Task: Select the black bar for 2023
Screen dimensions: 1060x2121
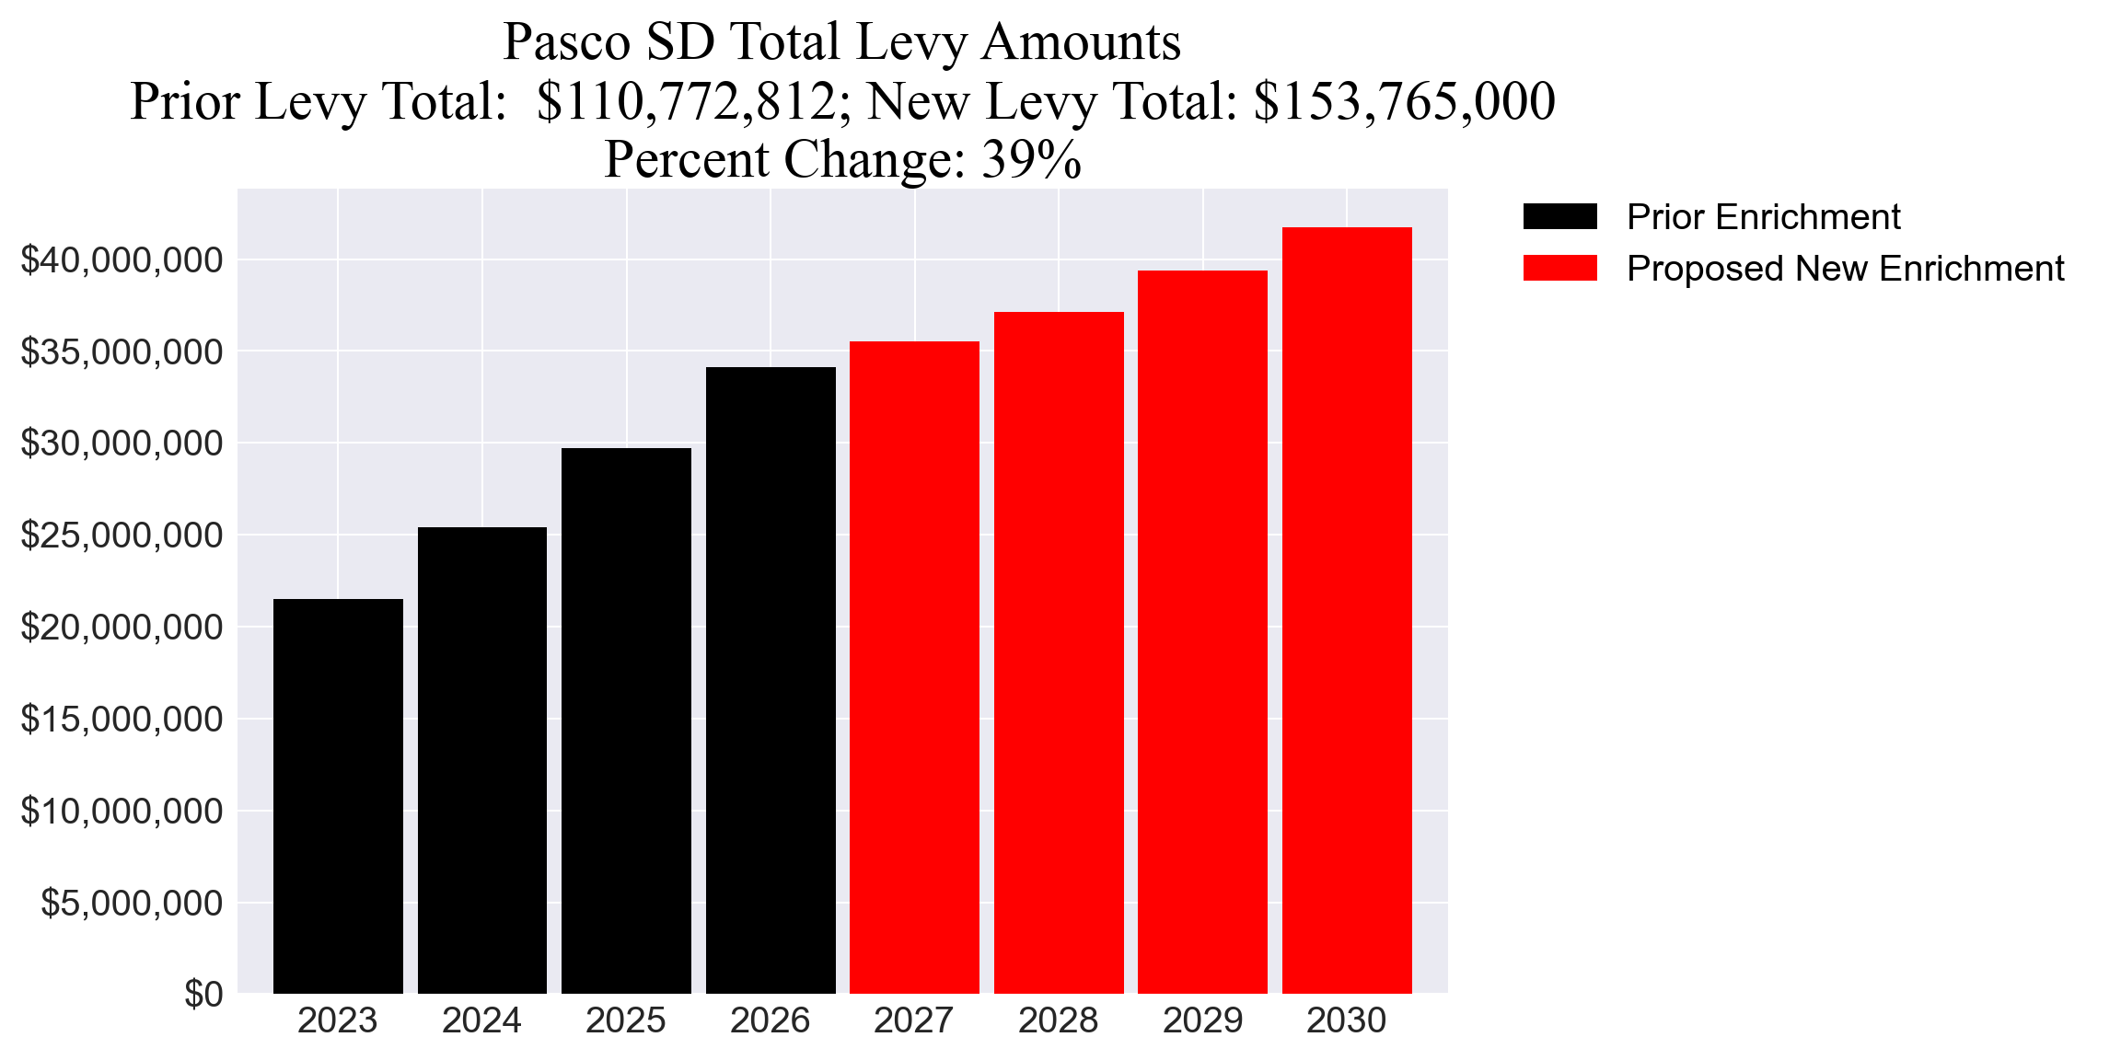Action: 338,796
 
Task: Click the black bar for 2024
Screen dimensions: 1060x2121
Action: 482,760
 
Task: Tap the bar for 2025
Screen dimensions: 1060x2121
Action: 626,720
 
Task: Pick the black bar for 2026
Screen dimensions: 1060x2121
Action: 771,680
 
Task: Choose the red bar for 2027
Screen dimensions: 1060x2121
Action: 914,667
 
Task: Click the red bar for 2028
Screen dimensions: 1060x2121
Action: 1059,652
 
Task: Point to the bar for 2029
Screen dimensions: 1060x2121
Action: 1202,631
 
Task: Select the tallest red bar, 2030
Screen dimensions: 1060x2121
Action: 1347,610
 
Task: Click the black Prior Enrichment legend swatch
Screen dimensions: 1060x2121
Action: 1559,217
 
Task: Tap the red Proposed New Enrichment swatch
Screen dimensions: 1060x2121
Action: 1559,269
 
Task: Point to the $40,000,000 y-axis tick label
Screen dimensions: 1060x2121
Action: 122,260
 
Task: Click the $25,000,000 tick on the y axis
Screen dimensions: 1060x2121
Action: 122,536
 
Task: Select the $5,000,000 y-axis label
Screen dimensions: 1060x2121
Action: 132,903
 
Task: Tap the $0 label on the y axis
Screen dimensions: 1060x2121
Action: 203,995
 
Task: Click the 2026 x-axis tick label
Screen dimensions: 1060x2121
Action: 770,1021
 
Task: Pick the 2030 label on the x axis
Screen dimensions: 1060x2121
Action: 1346,1021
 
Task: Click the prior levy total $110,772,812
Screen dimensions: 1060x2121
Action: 687,101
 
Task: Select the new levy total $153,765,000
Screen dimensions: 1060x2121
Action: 1404,101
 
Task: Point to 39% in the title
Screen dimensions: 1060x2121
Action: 1031,160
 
